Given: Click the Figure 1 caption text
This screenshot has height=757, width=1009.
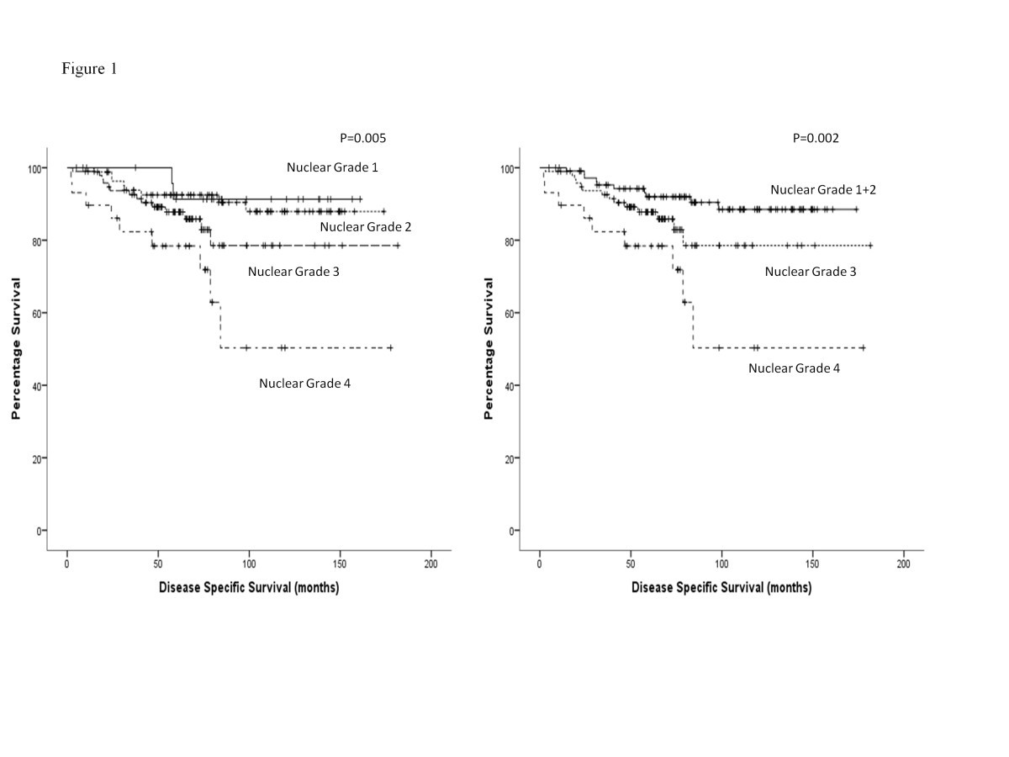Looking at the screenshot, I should point(89,69).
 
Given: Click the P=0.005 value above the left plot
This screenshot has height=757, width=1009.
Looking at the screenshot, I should point(360,138).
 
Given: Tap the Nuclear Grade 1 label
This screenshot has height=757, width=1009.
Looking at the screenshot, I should point(332,167).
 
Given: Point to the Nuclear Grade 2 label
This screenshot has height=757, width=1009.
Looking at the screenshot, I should point(365,227).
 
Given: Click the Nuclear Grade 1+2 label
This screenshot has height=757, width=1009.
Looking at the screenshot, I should point(823,190).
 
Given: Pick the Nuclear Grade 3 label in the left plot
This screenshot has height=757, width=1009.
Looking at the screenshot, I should point(293,272).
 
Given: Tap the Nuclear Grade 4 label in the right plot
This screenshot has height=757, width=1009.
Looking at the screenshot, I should point(794,368).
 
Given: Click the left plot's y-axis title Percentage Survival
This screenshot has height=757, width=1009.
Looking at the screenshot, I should point(15,348).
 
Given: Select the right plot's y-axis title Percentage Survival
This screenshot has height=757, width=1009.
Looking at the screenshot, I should point(489,348).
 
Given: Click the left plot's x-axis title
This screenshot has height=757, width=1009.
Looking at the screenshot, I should point(249,588).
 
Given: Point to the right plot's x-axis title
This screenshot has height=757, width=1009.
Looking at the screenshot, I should point(721,588).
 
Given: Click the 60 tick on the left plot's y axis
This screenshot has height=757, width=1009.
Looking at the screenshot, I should point(35,313).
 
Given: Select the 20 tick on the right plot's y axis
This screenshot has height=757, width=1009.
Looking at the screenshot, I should point(509,458).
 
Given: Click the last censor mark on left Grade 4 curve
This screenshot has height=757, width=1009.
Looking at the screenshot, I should point(390,347).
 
